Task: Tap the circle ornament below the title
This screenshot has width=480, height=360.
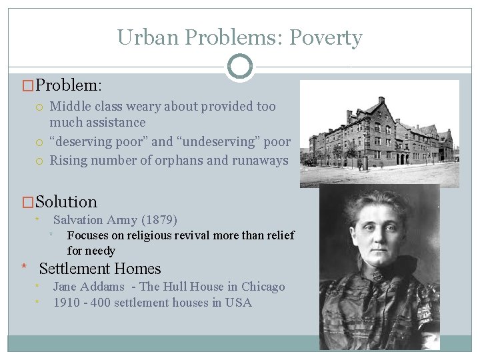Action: tap(240, 67)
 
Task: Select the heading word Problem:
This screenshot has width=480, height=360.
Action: tap(69, 86)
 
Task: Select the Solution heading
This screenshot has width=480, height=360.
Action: tap(66, 202)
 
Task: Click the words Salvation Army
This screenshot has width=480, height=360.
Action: tap(95, 220)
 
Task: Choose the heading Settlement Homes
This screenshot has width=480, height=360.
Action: tap(100, 269)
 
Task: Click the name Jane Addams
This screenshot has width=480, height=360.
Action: tap(89, 287)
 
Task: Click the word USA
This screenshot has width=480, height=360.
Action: tap(238, 303)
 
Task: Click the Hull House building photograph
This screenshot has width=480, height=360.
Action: tap(379, 133)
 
